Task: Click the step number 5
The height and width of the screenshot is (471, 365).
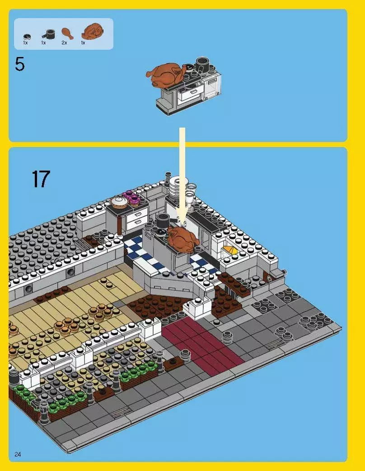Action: click(19, 65)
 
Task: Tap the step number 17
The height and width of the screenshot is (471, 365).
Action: click(41, 179)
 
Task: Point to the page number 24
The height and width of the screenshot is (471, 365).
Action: click(18, 454)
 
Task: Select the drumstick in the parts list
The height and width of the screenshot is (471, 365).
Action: click(66, 33)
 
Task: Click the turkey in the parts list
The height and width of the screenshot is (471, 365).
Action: click(92, 32)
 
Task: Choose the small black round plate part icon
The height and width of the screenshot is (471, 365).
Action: click(27, 35)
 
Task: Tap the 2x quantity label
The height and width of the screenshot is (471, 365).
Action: click(64, 43)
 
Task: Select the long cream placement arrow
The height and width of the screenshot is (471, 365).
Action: click(182, 172)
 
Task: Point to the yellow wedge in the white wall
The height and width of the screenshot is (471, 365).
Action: click(229, 249)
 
